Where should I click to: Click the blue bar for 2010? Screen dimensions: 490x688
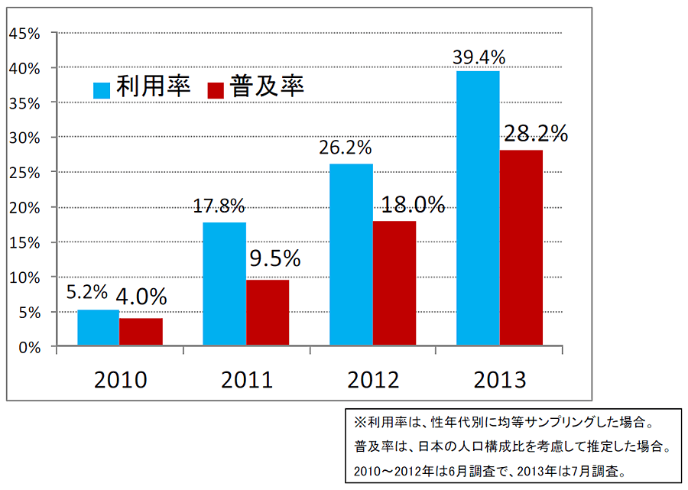tap(99, 328)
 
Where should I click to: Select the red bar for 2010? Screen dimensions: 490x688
tap(141, 332)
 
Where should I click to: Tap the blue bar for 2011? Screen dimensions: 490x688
tap(225, 284)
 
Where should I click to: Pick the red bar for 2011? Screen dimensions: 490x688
tap(268, 313)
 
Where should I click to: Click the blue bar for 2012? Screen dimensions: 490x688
tap(352, 255)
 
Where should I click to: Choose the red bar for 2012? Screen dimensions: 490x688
tap(394, 284)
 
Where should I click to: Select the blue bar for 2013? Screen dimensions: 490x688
tap(478, 209)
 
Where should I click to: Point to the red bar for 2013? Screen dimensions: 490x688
tap(521, 248)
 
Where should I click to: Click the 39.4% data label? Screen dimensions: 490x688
tap(479, 57)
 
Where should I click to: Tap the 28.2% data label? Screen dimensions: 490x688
tap(535, 134)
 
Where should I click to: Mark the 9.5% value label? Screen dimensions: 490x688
tap(275, 258)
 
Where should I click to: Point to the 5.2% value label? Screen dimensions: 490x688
tap(88, 293)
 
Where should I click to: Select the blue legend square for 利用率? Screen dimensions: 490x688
tap(102, 90)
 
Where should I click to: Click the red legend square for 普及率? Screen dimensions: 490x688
tap(216, 90)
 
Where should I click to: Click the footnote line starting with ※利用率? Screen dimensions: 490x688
tap(504, 421)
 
